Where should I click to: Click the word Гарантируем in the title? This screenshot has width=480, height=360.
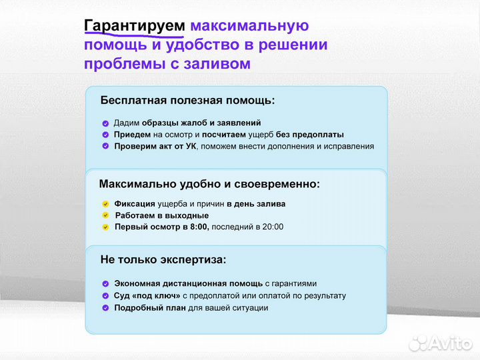(135, 26)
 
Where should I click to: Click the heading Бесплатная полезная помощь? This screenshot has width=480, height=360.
(187, 101)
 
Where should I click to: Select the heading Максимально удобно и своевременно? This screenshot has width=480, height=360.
(209, 184)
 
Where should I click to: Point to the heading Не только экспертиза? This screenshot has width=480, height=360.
(163, 259)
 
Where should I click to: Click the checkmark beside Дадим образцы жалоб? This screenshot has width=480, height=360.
(105, 123)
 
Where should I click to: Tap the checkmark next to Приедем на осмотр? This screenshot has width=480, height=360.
(105, 135)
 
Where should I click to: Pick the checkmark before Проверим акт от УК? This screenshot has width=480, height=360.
(105, 146)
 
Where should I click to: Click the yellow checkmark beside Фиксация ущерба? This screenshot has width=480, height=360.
(105, 204)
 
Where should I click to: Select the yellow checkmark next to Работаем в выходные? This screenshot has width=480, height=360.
(105, 215)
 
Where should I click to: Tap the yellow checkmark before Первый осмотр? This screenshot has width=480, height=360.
(105, 227)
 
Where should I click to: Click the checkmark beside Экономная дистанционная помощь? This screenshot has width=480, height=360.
(105, 283)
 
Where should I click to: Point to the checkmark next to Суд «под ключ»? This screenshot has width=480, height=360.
(105, 295)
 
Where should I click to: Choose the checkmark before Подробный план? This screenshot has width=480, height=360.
(105, 307)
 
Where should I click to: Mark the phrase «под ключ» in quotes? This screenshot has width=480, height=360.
(157, 295)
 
